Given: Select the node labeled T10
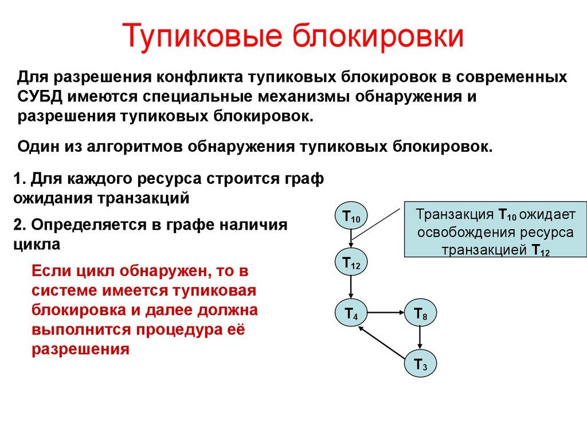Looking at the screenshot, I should (x=351, y=217).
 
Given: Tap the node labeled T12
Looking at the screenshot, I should (x=351, y=264).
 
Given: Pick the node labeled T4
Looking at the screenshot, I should (x=351, y=313).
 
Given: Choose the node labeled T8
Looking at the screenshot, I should (x=421, y=313).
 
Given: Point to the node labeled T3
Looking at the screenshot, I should (x=421, y=363).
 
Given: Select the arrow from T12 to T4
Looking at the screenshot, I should (x=351, y=288).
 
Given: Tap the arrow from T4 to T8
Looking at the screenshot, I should (x=386, y=313).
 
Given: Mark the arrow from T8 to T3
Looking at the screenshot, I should (x=421, y=338).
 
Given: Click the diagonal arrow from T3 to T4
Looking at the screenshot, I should (x=383, y=342).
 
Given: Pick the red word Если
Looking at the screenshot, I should (x=50, y=270).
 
